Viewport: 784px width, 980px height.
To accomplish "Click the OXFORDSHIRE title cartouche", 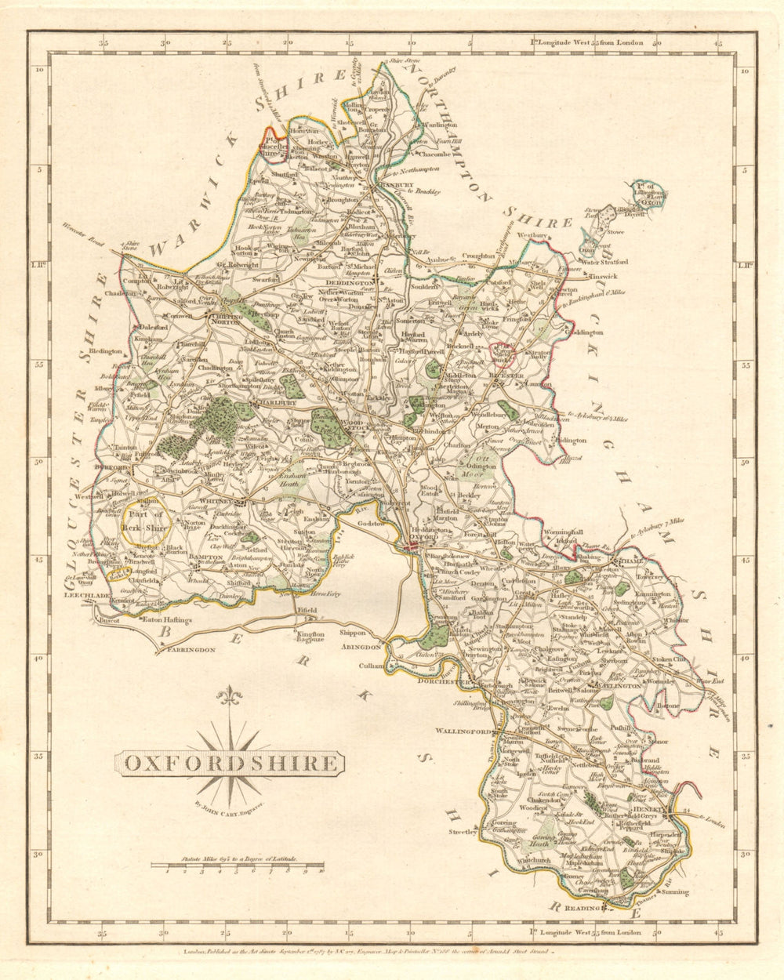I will (230, 763).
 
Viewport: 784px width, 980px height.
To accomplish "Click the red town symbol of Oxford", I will (413, 546).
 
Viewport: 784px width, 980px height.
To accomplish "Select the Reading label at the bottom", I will (584, 908).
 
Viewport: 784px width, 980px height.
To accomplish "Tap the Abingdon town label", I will (361, 648).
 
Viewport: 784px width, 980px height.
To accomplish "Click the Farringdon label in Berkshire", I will (189, 649).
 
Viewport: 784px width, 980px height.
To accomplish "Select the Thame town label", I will (632, 561).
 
